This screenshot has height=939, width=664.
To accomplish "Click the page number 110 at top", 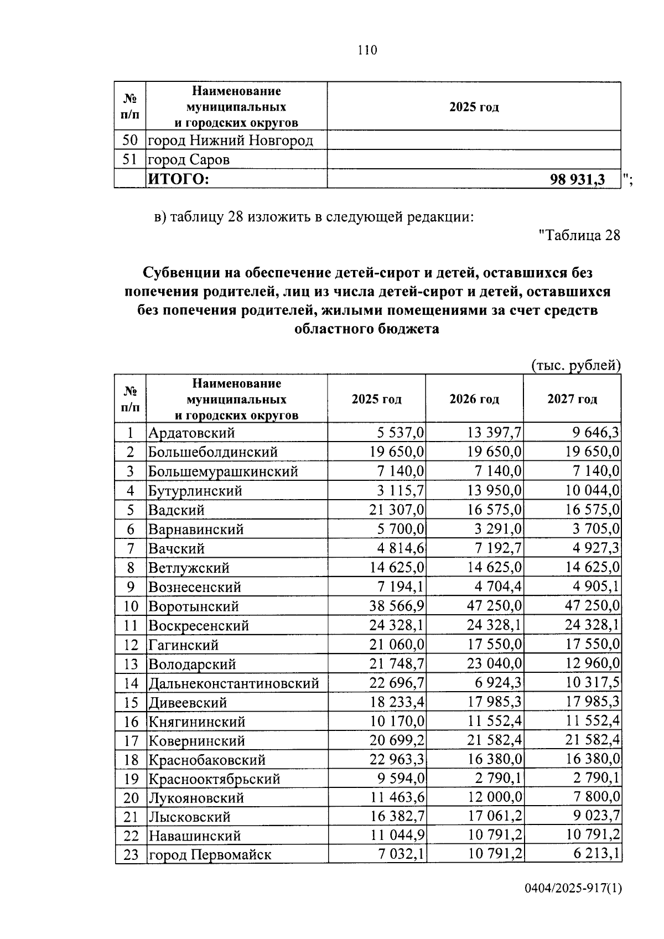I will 367,50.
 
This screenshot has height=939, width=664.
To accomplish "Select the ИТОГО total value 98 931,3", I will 577,179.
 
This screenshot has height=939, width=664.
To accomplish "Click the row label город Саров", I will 188,160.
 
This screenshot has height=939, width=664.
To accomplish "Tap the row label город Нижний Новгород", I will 230,141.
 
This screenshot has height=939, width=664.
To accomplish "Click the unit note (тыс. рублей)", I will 575,365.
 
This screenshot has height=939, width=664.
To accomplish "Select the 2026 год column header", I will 474,399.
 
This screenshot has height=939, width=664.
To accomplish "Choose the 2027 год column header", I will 572,399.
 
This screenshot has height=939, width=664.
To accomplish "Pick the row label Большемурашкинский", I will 222,471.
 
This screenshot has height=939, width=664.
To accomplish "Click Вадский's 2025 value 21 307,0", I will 397,510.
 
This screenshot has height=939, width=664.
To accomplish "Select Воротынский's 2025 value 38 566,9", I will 397,606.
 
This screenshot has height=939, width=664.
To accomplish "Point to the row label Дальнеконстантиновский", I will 233,683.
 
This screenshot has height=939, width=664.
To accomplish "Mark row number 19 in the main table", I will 131,779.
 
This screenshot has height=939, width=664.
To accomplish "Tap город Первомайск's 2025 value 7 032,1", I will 401,855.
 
